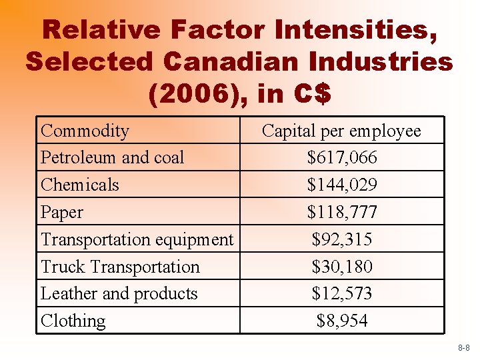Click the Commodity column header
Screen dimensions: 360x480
click(85, 131)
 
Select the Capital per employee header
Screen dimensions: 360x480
click(341, 131)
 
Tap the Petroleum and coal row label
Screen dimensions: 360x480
click(112, 157)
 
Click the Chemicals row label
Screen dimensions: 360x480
click(80, 185)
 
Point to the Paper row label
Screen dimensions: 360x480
click(62, 212)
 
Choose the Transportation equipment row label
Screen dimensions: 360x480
click(137, 239)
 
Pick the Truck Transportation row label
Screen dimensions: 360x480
click(120, 267)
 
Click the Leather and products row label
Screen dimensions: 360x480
click(119, 293)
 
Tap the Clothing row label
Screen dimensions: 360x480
click(73, 321)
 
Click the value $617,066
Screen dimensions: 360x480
click(342, 157)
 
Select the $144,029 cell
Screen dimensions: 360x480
click(342, 185)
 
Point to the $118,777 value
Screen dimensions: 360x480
click(342, 212)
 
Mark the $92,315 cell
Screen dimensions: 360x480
click(342, 239)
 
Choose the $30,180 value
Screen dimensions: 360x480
click(342, 267)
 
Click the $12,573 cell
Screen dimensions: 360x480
click(342, 293)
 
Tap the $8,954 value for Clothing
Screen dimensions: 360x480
click(342, 321)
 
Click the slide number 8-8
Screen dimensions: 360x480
click(464, 349)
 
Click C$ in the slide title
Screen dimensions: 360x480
click(310, 94)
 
